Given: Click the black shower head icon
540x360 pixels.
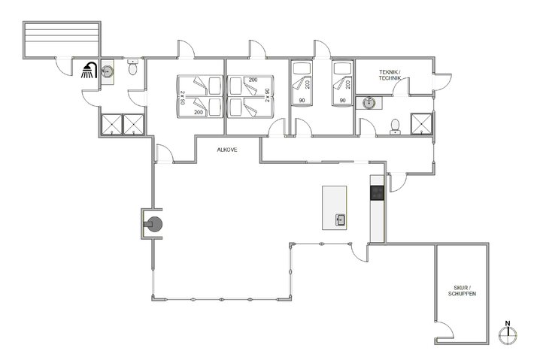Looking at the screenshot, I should point(89,70).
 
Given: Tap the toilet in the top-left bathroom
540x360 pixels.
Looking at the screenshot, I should point(132,68).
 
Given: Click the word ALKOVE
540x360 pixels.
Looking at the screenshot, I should point(227,150).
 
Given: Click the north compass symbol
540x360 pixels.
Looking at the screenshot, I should point(509,334).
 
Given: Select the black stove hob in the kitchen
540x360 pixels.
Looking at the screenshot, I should point(377,192).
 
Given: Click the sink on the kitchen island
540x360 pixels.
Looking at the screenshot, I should point(340,220).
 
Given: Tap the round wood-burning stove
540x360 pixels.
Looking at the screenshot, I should point(153,223).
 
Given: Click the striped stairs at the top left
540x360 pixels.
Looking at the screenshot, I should point(62,38).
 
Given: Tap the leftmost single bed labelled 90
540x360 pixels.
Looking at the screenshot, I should point(303,85).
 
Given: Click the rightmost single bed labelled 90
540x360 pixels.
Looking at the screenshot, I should point(343,85).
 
